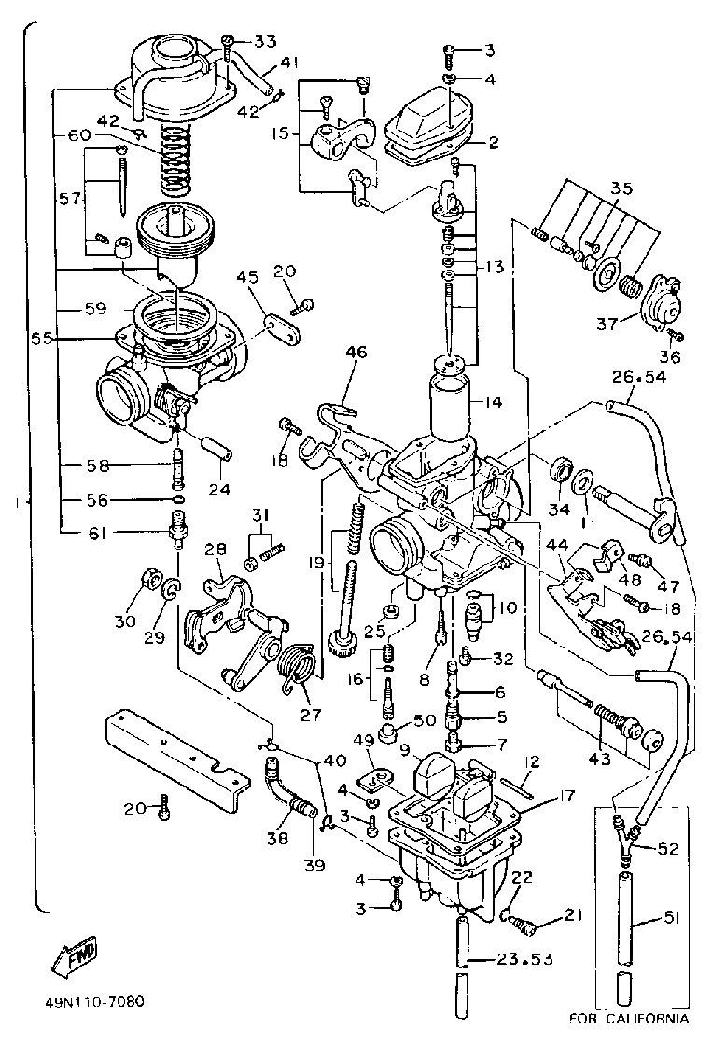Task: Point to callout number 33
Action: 265,41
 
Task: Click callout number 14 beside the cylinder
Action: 493,402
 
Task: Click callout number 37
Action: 608,325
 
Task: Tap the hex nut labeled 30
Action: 148,581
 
